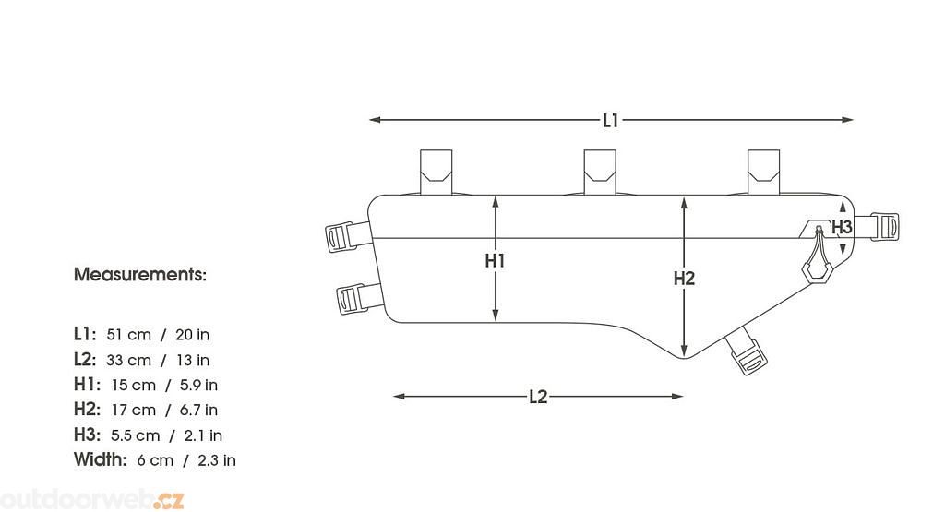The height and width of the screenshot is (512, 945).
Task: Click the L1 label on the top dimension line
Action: pyautogui.click(x=611, y=121)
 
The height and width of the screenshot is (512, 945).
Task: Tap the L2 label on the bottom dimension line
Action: pyautogui.click(x=538, y=397)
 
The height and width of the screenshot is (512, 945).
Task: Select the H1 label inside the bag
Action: pyautogui.click(x=495, y=261)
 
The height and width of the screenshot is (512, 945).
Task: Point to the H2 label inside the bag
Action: pyautogui.click(x=684, y=279)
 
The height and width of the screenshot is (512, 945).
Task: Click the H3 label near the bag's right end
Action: pyautogui.click(x=842, y=227)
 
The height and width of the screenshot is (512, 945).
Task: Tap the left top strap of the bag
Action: pyautogui.click(x=436, y=173)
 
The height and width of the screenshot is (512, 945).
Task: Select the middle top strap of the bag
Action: pyautogui.click(x=600, y=173)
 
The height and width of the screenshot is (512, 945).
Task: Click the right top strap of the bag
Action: pyautogui.click(x=763, y=173)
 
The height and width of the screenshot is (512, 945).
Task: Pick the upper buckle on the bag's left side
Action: pyautogui.click(x=348, y=237)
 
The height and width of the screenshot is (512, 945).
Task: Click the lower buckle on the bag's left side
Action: pyautogui.click(x=360, y=298)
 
